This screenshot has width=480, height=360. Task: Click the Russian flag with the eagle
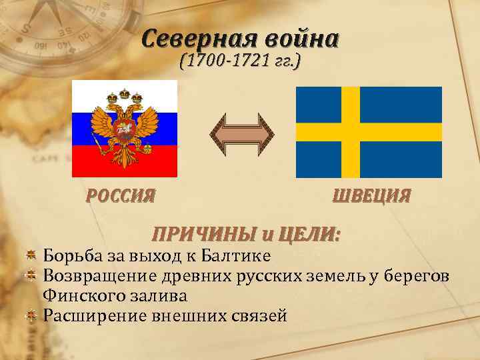click(124, 128)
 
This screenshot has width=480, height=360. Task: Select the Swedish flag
click(369, 131)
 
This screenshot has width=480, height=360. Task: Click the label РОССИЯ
click(121, 196)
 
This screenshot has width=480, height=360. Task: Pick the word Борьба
click(69, 255)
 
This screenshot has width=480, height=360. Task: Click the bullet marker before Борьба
click(30, 255)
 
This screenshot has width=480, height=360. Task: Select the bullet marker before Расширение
click(30, 314)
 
